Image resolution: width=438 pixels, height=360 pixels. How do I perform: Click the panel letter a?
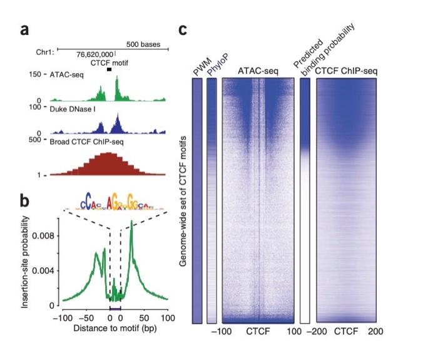(25, 29)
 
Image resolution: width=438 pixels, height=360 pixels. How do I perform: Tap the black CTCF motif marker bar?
(109, 69)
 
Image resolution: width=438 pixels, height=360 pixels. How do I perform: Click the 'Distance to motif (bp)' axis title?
(115, 328)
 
